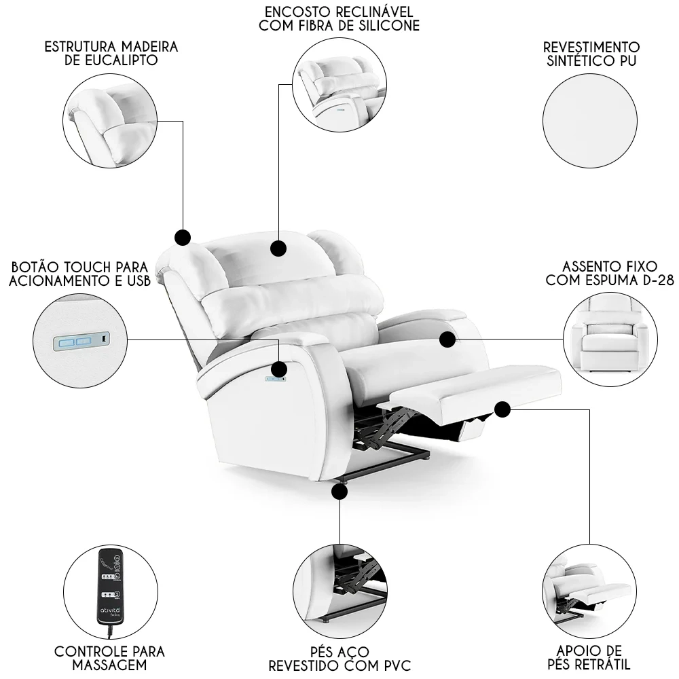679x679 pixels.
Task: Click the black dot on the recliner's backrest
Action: tap(278, 248)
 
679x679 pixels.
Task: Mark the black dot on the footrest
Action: tap(502, 409)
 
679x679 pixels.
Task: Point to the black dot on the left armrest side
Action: tap(278, 369)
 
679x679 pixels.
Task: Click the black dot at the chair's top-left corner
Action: tap(182, 237)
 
